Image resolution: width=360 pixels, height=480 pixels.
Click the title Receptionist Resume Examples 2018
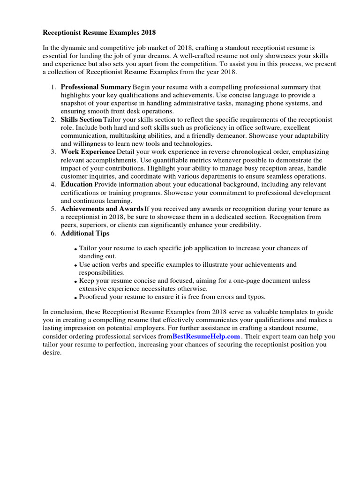tap(99, 33)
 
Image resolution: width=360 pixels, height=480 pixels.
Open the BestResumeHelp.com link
tap(206, 337)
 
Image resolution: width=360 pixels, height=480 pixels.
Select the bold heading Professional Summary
tap(96, 87)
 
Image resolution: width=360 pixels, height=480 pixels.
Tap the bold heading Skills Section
tap(81, 120)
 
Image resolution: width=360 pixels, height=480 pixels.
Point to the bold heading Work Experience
tap(88, 152)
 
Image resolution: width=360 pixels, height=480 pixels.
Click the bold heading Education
tap(76, 184)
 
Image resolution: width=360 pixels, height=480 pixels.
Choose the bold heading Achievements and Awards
tap(102, 209)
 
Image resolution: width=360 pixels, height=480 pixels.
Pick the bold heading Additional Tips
tap(85, 233)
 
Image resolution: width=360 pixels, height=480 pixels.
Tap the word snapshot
tap(75, 103)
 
